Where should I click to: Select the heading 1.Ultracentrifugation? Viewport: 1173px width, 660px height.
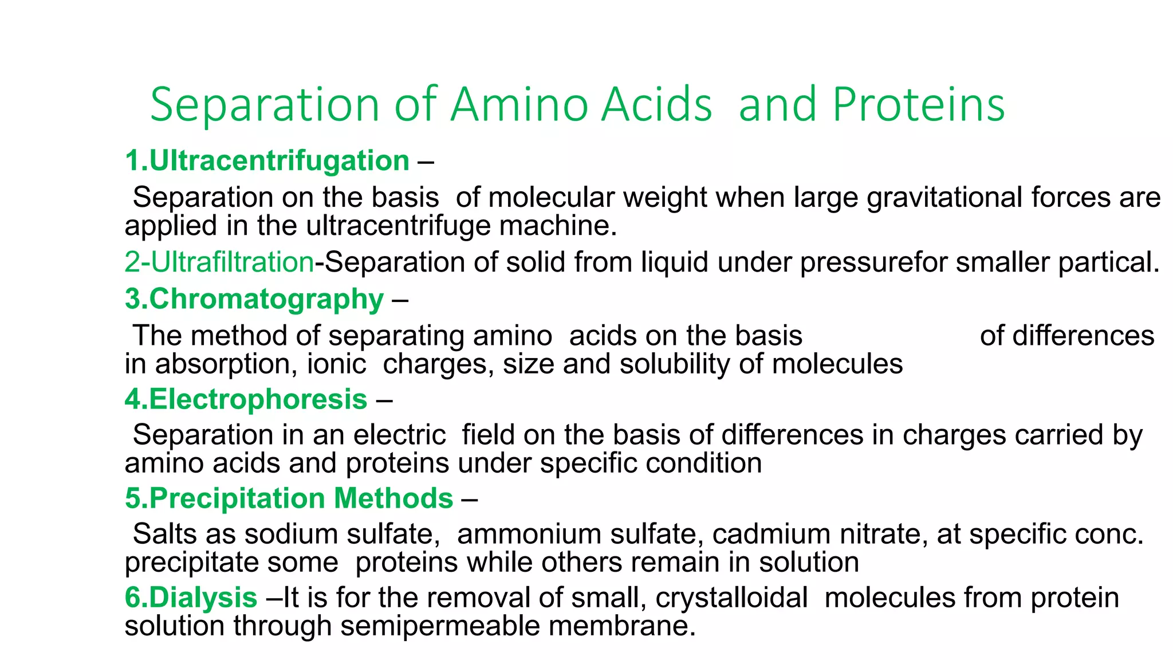tap(267, 160)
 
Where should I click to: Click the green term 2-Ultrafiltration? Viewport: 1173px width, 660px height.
tap(219, 262)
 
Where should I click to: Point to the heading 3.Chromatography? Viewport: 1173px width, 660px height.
tap(255, 299)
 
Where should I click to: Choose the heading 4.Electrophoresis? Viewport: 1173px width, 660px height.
tap(246, 399)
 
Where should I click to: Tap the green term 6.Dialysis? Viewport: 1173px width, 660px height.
tap(191, 598)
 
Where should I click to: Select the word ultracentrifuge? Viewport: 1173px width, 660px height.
tap(398, 226)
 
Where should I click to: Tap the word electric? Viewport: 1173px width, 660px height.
tap(399, 435)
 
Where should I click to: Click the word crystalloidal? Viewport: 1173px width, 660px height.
tap(731, 598)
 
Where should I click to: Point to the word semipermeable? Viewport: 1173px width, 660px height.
tap(439, 626)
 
